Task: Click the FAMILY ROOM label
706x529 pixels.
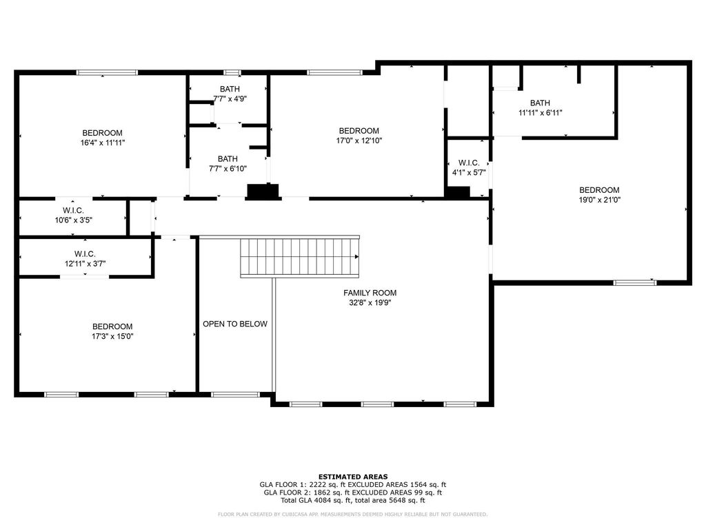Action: [370, 293]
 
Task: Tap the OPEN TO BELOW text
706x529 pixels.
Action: [235, 324]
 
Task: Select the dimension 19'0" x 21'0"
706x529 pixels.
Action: [599, 200]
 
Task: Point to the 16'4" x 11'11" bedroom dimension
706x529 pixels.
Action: [102, 143]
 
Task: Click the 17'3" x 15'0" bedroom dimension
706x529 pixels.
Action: [112, 336]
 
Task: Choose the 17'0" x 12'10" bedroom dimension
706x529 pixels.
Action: [359, 141]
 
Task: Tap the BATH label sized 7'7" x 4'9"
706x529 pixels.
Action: [230, 89]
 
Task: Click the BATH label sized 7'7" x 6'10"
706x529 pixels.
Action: [228, 159]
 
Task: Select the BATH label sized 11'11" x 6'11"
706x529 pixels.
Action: [540, 103]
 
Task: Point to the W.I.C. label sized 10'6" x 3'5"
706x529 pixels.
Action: [73, 211]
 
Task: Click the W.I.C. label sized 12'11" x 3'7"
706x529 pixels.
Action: [85, 254]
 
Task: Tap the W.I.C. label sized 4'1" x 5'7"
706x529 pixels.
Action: [469, 163]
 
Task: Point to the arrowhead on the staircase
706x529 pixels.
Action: [356, 257]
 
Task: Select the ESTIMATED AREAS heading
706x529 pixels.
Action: [353, 477]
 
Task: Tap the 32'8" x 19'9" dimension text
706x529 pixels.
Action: [370, 303]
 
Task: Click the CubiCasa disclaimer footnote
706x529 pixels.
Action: [352, 514]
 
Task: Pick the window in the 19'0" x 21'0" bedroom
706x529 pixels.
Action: [635, 282]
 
